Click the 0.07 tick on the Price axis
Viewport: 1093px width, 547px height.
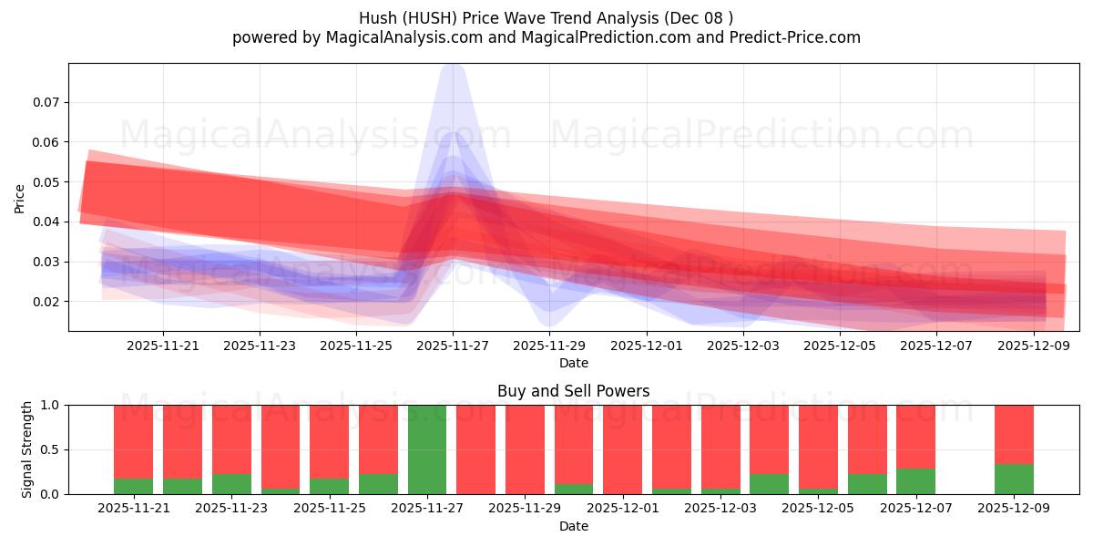click(46, 102)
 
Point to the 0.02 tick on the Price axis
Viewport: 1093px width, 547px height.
click(46, 302)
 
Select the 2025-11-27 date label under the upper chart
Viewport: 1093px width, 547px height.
click(453, 346)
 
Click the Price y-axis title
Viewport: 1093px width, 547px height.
click(20, 199)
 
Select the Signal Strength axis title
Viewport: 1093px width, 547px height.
click(27, 449)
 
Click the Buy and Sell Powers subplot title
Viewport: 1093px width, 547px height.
click(574, 391)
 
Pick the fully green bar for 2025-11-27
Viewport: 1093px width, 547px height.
click(427, 449)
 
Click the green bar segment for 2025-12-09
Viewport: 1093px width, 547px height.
click(1014, 479)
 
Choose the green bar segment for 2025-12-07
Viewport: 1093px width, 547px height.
click(915, 481)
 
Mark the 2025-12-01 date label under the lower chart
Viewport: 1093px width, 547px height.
click(622, 508)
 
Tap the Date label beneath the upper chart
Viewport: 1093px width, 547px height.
click(574, 363)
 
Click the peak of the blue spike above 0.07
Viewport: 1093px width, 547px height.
click(453, 66)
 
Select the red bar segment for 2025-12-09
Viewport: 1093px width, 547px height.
click(1014, 434)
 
